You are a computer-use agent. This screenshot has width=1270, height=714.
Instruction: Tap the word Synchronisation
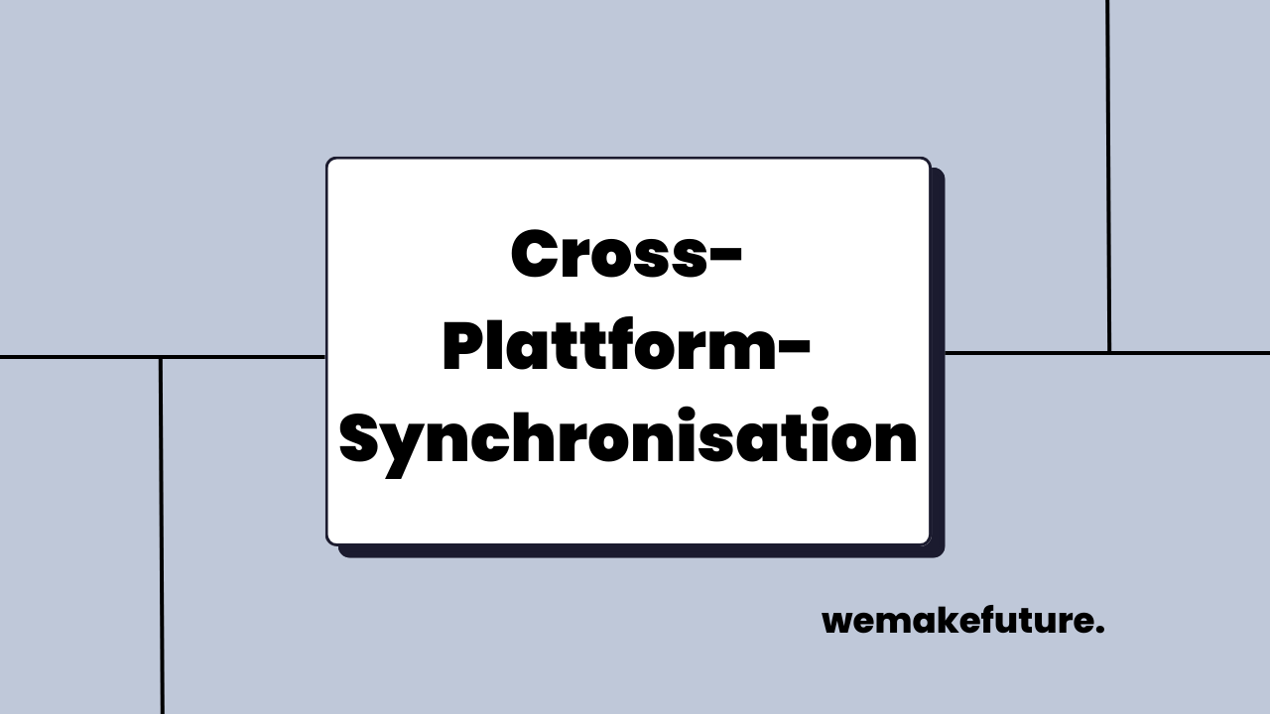(628, 440)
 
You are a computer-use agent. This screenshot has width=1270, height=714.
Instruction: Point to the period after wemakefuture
(1099, 632)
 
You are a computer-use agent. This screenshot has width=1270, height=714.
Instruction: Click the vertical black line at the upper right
(1108, 149)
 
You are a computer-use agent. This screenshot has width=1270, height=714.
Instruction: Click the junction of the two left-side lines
(161, 357)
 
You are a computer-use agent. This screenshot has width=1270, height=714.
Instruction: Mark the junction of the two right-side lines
(1109, 352)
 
